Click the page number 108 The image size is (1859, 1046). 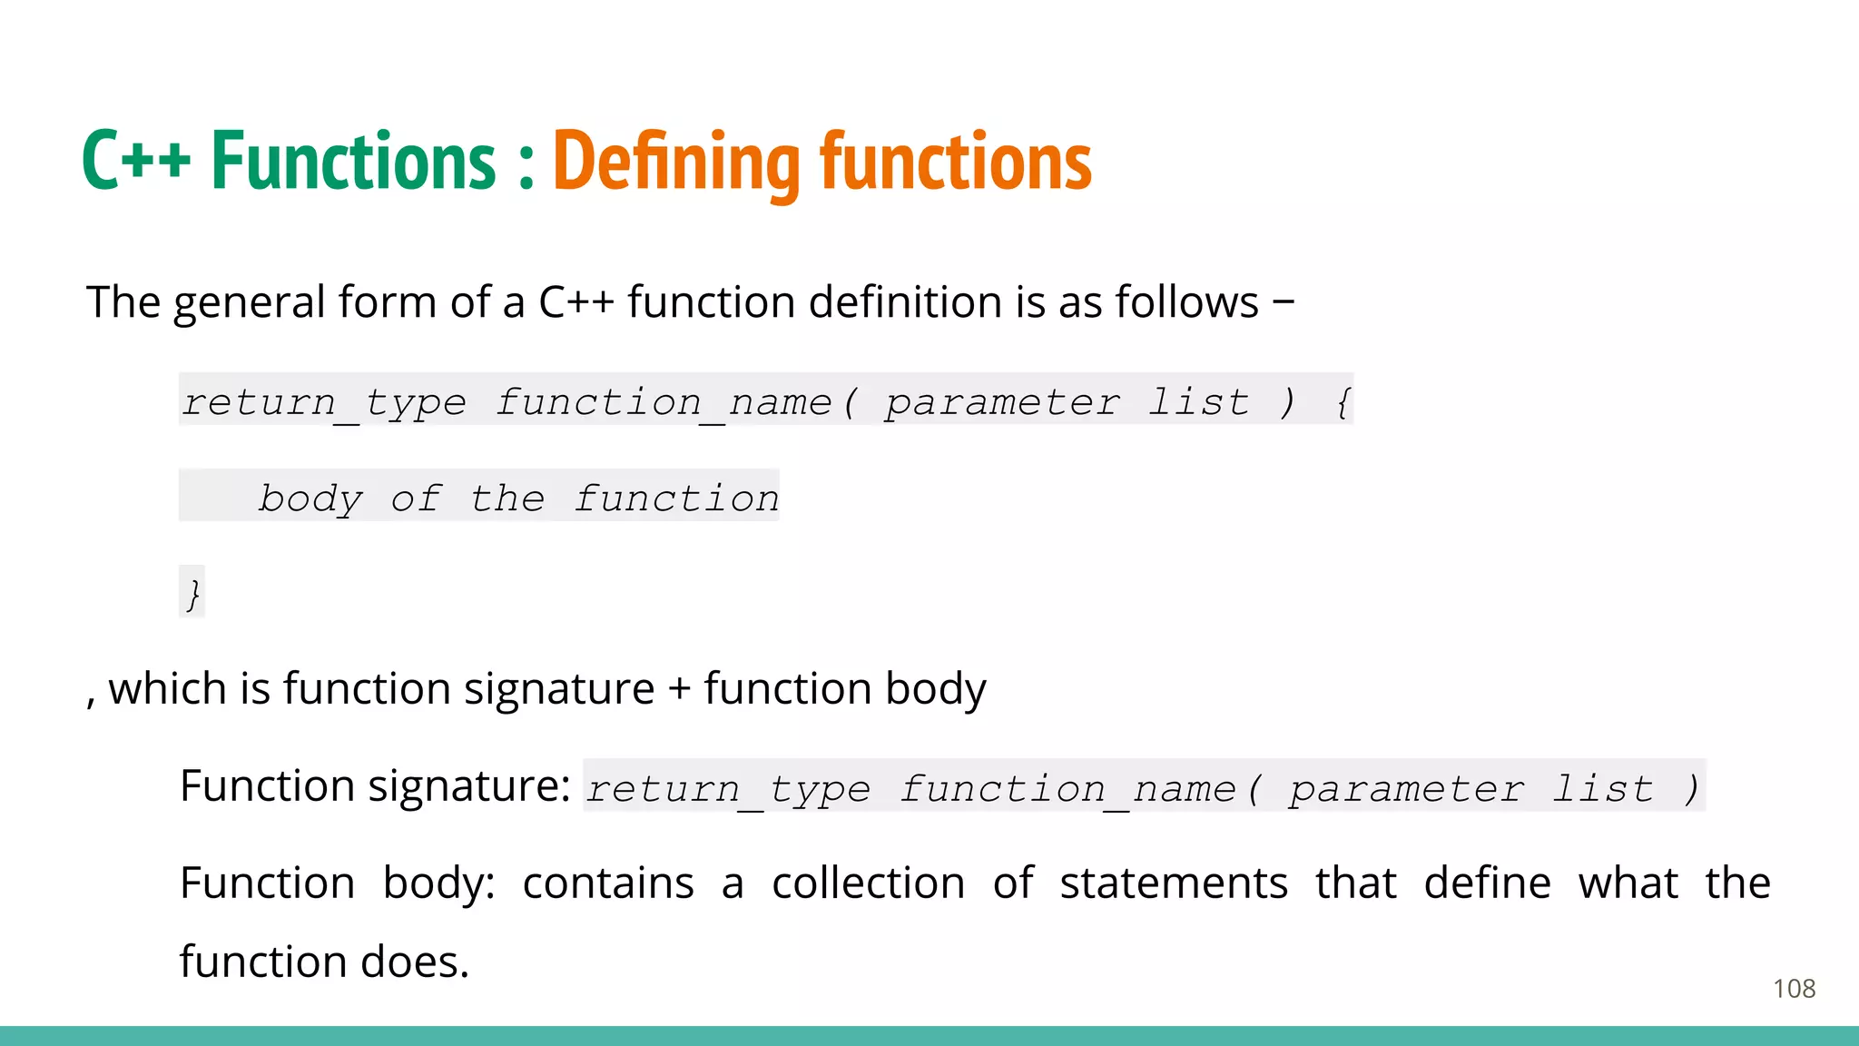click(1794, 989)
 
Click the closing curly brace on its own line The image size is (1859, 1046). click(192, 593)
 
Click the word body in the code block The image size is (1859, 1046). click(310, 498)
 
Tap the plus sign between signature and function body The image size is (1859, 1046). click(679, 689)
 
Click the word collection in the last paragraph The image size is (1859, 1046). click(868, 883)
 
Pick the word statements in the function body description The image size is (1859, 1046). click(1174, 883)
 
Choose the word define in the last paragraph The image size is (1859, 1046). click(1487, 883)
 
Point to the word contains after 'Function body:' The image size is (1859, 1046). click(608, 883)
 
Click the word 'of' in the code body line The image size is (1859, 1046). click(417, 498)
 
